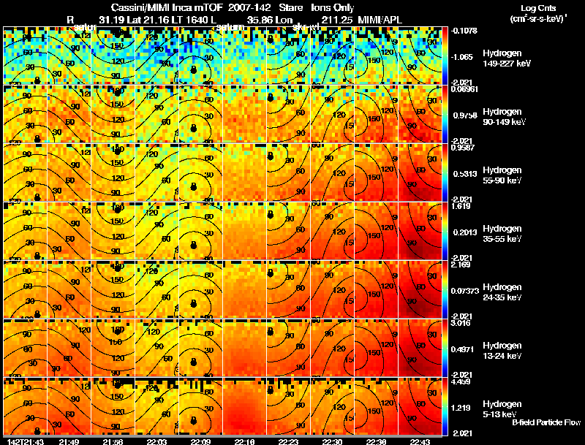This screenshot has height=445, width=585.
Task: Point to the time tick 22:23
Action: tap(287, 441)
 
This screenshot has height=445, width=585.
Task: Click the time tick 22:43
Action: tap(419, 441)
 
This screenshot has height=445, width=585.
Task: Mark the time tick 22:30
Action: tap(332, 441)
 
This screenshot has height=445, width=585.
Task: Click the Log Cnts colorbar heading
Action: tap(538, 7)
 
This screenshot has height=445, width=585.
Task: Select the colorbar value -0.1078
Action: tap(462, 30)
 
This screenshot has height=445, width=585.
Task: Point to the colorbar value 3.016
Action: tap(461, 322)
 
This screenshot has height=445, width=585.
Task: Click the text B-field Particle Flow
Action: tap(546, 423)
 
